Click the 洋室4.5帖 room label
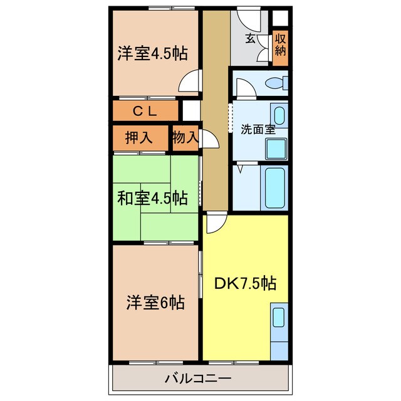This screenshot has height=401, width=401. [153, 53]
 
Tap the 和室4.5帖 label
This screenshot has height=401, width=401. [152, 199]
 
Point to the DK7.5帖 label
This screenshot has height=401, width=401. [245, 283]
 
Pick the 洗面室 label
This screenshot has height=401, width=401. [258, 130]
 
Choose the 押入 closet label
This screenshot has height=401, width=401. [139, 138]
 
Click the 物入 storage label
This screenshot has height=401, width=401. [185, 138]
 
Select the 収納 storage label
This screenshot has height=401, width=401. [280, 45]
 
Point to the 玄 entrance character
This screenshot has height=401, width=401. [250, 39]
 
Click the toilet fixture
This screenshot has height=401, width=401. [276, 83]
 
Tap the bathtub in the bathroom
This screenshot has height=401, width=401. [276, 187]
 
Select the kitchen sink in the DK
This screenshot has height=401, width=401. [278, 319]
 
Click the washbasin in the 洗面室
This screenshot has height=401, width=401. [279, 116]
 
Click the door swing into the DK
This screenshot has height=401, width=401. [214, 222]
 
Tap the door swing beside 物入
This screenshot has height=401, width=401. [211, 140]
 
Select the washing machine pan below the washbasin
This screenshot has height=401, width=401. [276, 149]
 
